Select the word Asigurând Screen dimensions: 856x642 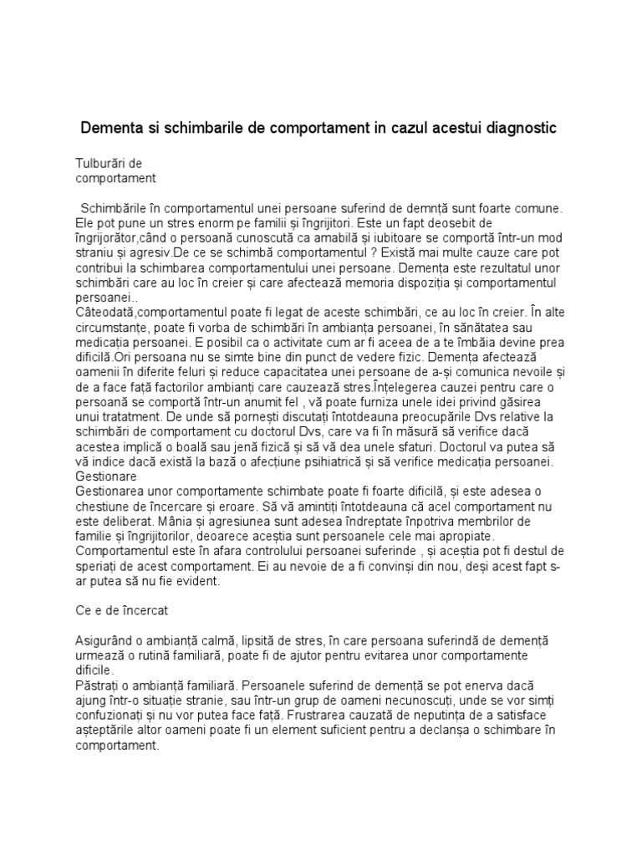click(x=107, y=640)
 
